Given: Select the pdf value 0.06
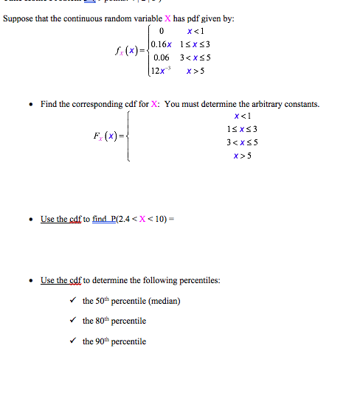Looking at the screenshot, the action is pyautogui.click(x=162, y=58).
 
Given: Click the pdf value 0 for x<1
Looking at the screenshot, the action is pyautogui.click(x=160, y=31).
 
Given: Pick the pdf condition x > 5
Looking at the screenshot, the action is pyautogui.click(x=195, y=71).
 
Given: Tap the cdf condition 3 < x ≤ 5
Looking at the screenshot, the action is pyautogui.click(x=240, y=142).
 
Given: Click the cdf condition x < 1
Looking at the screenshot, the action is pyautogui.click(x=240, y=116).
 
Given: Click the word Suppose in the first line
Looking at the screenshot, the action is pyautogui.click(x=18, y=18).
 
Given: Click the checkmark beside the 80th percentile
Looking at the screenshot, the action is pyautogui.click(x=72, y=321).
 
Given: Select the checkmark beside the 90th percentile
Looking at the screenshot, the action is pyautogui.click(x=72, y=341).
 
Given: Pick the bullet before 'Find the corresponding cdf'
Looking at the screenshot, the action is pyautogui.click(x=29, y=105).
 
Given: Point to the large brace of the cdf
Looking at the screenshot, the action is pyautogui.click(x=130, y=136).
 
